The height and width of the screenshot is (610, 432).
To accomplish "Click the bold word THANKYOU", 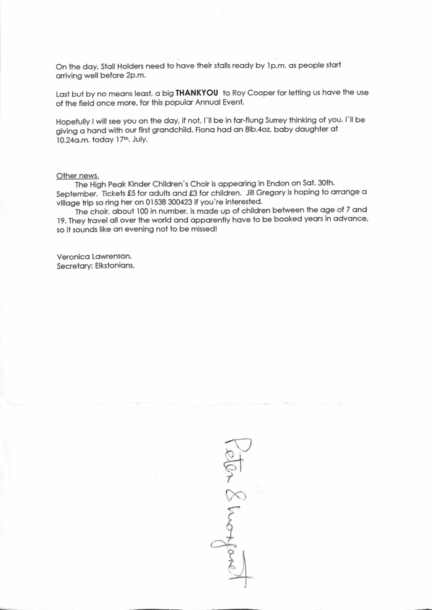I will pos(197,93).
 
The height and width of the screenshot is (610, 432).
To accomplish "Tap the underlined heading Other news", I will pos(78,175).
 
